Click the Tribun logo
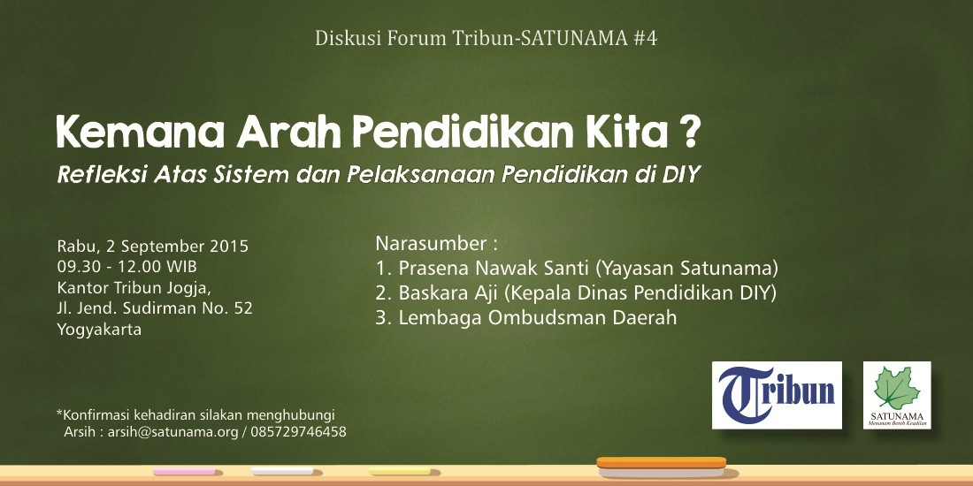777,395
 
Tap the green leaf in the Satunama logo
897,388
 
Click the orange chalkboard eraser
662,467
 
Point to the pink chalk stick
184,472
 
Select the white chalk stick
282,471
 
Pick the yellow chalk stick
399,472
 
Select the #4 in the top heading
646,38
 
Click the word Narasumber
432,244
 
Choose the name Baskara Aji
436,293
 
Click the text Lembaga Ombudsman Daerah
538,318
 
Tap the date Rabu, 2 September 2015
153,247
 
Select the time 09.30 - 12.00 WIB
127,267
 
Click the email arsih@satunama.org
172,432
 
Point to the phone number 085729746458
298,432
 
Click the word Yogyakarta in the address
99,330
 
